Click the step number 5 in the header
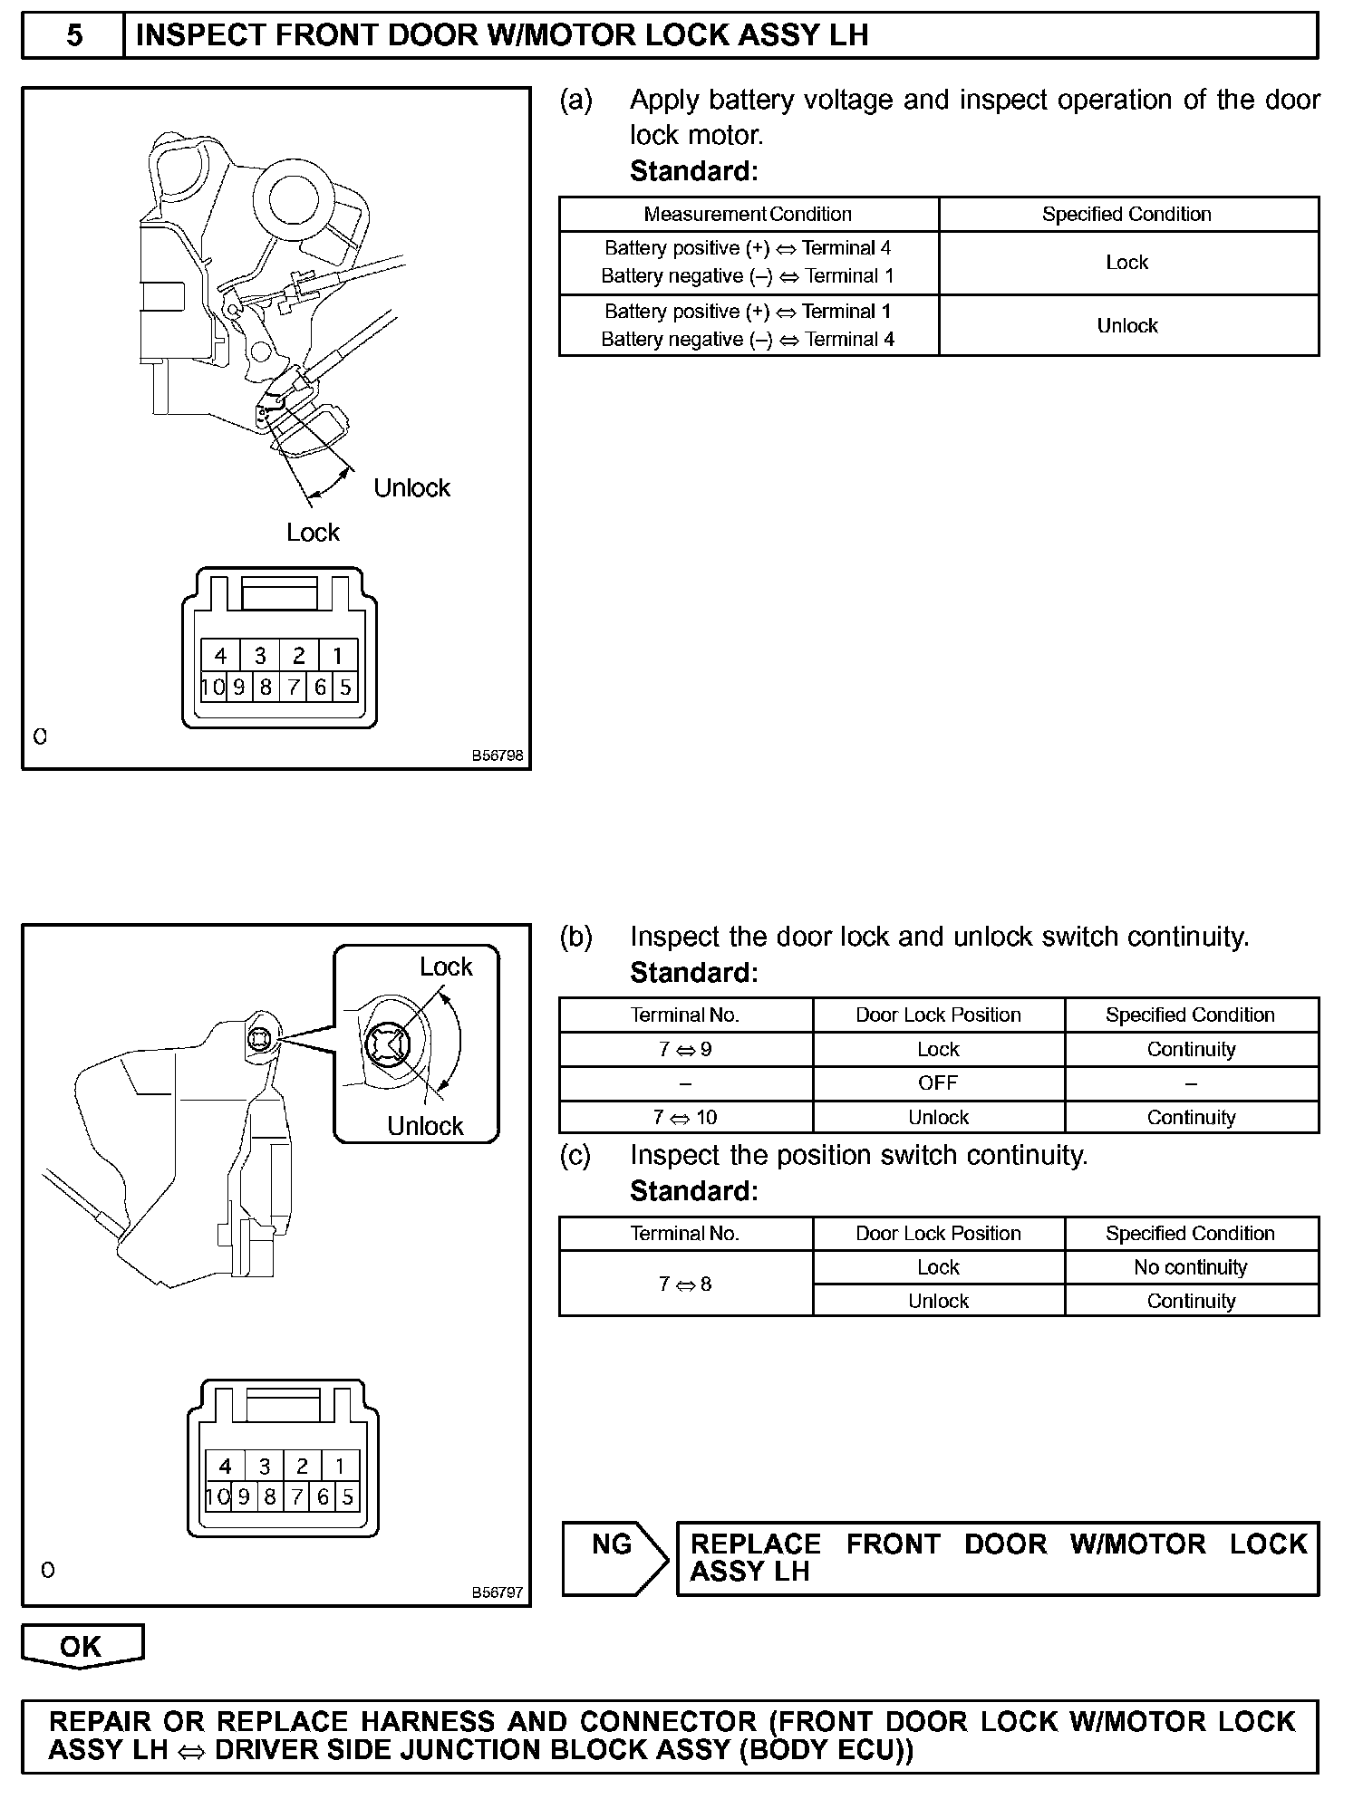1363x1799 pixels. click(73, 35)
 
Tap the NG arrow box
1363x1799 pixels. click(614, 1557)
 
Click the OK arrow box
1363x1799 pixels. click(82, 1646)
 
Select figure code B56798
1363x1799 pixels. click(497, 755)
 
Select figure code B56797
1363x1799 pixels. click(497, 1592)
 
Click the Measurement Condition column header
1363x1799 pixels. click(748, 215)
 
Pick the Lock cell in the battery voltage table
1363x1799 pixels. click(1127, 263)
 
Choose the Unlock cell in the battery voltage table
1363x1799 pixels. click(1127, 326)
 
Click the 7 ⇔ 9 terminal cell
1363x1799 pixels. click(685, 1050)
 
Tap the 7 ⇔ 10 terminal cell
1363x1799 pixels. click(685, 1118)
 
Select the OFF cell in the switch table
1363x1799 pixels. click(938, 1083)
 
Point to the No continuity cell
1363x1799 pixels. click(1191, 1267)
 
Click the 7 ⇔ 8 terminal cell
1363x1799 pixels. click(685, 1284)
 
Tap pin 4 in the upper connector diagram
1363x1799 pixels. click(220, 655)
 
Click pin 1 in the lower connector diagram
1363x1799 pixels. click(340, 1466)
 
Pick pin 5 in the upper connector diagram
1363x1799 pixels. click(345, 688)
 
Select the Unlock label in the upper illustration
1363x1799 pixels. click(411, 488)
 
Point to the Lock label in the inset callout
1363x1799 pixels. click(446, 967)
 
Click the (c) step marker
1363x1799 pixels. click(575, 1156)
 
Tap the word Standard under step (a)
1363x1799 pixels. click(693, 171)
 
